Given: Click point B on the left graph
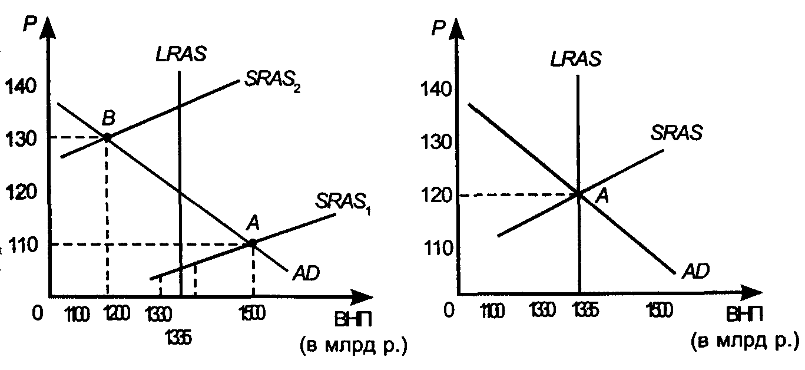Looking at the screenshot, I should coord(107,137).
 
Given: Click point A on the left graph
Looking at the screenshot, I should coord(253,243).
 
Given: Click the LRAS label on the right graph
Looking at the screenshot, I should coord(577,58).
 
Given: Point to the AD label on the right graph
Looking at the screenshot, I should coord(695,272).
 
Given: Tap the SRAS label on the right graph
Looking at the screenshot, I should coord(677,133).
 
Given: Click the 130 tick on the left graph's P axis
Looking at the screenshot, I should coord(22,138).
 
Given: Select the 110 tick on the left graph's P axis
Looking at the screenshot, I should coord(22,243).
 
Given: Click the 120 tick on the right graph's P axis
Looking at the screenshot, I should coord(436,194).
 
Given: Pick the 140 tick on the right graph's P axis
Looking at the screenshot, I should coord(436,90).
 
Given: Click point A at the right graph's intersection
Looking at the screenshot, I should coord(579,194).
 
